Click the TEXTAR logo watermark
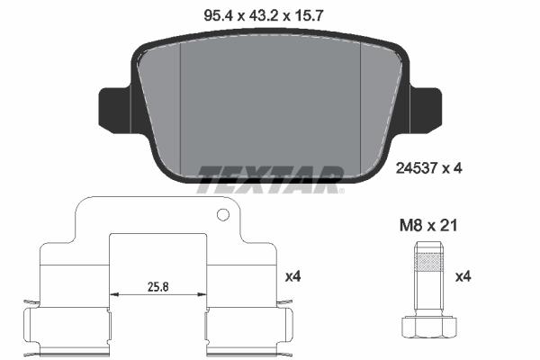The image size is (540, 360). point(269,177)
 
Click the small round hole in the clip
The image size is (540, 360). point(222,215)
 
